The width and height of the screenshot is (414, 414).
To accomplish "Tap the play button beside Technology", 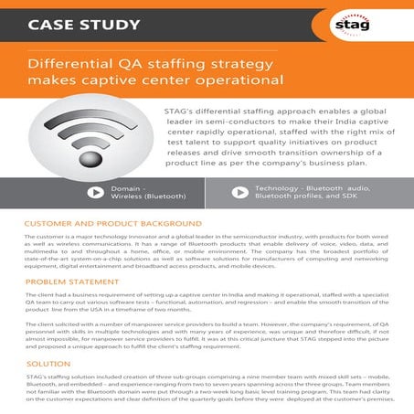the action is coord(239,193).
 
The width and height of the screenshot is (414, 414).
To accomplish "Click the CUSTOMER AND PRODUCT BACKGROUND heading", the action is coord(112,224).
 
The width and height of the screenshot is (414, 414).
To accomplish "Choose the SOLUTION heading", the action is coord(48,364).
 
